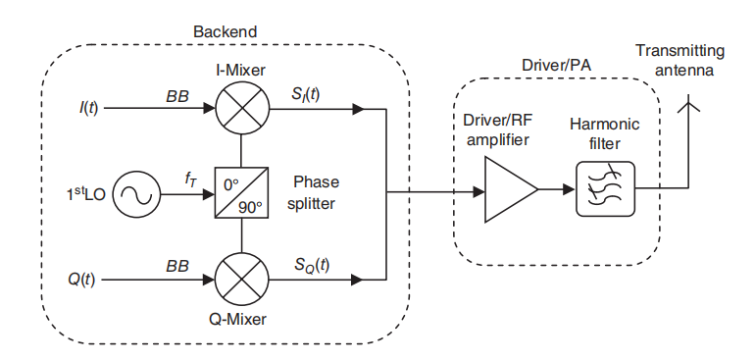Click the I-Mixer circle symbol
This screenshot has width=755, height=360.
(x=242, y=108)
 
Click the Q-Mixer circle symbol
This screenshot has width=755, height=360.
(x=242, y=279)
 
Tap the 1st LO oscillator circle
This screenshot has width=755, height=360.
(x=136, y=194)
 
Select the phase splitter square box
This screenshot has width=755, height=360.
(x=242, y=194)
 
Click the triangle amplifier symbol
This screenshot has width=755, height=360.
(x=511, y=189)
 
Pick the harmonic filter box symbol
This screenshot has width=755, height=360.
(x=605, y=189)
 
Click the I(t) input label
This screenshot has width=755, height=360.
(x=88, y=109)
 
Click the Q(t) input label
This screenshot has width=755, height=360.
(x=80, y=280)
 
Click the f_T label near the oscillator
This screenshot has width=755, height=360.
(x=190, y=180)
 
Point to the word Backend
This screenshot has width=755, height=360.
(x=226, y=31)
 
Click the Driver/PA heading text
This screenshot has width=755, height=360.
(x=557, y=66)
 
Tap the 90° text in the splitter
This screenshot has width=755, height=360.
(x=249, y=208)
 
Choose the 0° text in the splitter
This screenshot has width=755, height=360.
(x=230, y=182)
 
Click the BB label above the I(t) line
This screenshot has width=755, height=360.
(x=177, y=96)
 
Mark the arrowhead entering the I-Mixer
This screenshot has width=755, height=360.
(x=209, y=109)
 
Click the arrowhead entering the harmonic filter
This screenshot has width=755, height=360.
(x=570, y=189)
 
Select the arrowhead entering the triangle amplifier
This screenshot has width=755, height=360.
(x=478, y=192)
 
